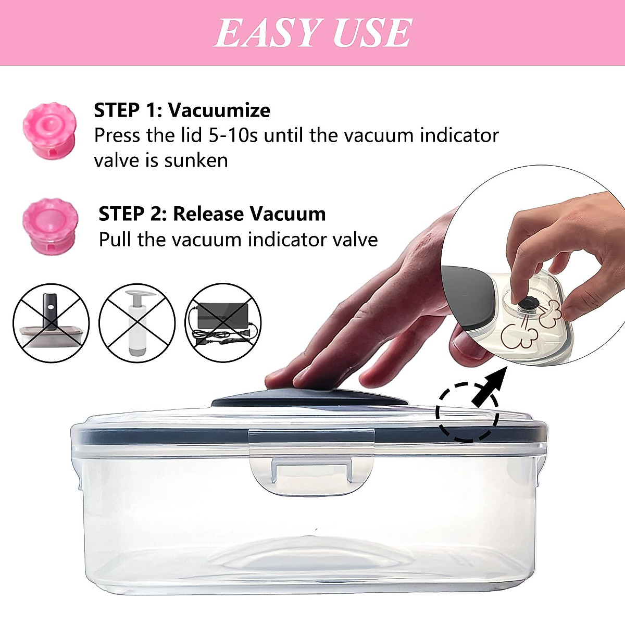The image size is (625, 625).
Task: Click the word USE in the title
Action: (372, 33)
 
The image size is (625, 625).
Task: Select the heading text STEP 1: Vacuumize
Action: (182, 110)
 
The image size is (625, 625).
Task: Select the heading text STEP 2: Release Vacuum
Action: (212, 214)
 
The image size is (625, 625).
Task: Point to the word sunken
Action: (196, 160)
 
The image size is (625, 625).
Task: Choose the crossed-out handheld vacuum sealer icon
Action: (51, 323)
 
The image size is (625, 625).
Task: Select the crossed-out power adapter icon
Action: (223, 323)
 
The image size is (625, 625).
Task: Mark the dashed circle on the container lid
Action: (467, 413)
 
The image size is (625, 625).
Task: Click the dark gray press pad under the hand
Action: (309, 399)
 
